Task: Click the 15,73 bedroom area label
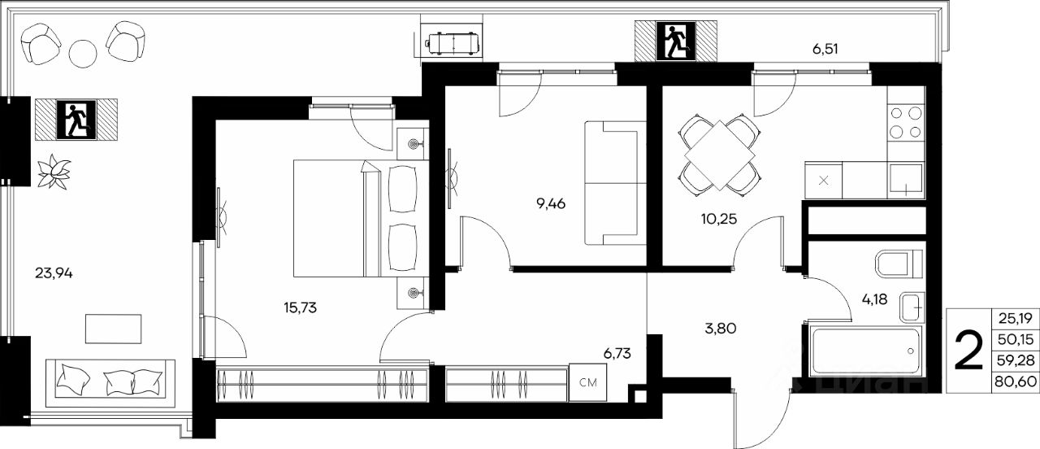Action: [x=301, y=307]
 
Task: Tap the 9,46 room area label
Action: [x=551, y=203]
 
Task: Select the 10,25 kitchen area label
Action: [x=719, y=219]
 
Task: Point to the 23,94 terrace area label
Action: [x=54, y=273]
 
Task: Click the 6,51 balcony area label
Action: [x=825, y=49]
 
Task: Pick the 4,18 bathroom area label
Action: [x=875, y=299]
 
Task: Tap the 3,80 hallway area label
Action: [x=721, y=329]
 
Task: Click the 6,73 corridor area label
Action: [x=617, y=354]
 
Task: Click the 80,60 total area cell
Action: [x=1016, y=381]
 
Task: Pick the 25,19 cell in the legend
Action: [x=1016, y=318]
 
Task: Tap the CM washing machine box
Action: [x=587, y=382]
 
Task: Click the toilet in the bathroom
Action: [x=899, y=264]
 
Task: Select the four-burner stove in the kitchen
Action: [x=906, y=122]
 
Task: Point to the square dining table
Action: [x=719, y=155]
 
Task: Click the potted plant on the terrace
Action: [x=54, y=172]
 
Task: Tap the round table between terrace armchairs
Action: [x=83, y=54]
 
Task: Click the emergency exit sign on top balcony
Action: [x=676, y=41]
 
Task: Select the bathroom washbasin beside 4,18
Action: [x=912, y=307]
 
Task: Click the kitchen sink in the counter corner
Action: [x=906, y=180]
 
